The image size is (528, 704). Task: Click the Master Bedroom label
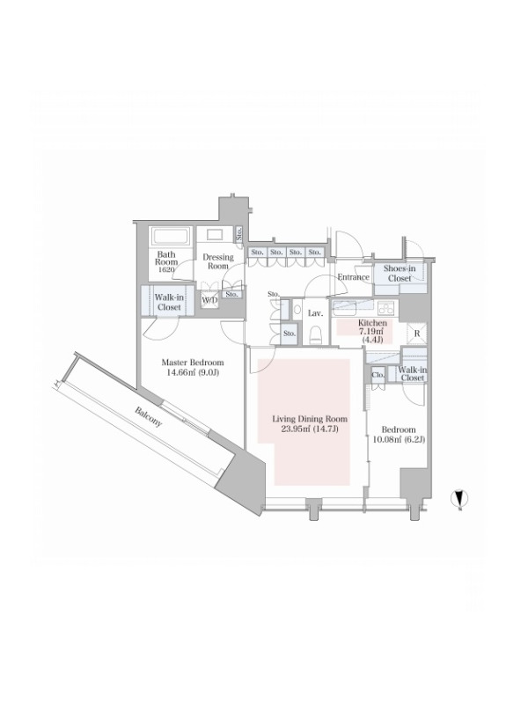point(192,363)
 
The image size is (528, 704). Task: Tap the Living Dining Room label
point(310,419)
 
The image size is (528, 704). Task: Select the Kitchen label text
point(372,323)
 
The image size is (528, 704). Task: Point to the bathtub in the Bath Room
point(171,237)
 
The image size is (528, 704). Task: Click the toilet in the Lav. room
point(316,334)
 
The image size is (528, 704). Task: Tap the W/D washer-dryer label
point(209,300)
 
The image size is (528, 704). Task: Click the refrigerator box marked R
point(416,334)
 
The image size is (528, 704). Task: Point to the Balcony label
point(148,417)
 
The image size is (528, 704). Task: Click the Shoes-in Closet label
point(400,274)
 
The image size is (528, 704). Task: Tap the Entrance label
point(354,277)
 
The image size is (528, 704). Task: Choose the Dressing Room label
point(218,261)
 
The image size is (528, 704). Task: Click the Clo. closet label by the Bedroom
point(378,374)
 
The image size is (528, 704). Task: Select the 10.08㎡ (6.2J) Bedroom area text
point(399,440)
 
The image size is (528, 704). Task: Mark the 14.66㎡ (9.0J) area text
point(192,372)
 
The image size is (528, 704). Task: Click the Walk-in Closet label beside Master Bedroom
point(169,302)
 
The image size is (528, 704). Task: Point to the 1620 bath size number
point(166,269)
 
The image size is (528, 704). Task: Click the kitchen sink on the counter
point(344,307)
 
